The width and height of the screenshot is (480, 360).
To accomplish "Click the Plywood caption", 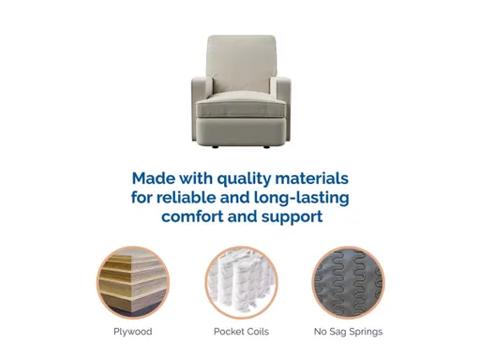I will point(131,331).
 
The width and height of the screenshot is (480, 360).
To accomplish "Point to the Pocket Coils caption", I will point(240,331).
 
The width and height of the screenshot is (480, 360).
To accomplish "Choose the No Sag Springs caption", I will point(348,331).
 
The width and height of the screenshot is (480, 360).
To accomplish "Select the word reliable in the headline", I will point(196,198).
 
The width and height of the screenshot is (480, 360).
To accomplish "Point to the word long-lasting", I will point(299,198).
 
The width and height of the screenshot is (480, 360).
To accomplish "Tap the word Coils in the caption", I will point(257,331).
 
